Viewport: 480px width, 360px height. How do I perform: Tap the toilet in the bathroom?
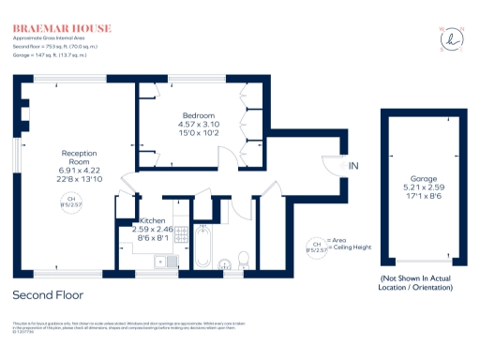click(x=242, y=259)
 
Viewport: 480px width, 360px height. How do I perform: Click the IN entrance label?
click(x=353, y=166)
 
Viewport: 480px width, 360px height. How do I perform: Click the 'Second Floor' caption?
click(x=48, y=294)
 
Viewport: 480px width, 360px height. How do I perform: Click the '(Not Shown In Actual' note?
click(x=417, y=280)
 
